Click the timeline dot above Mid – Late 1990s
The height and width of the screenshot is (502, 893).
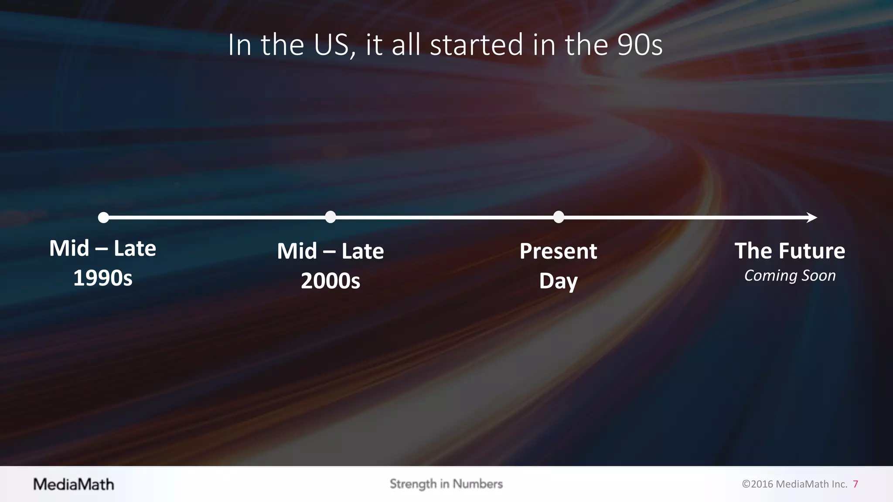(103, 217)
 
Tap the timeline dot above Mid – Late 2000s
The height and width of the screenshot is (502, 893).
(331, 217)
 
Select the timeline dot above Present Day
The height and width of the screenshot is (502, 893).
(559, 217)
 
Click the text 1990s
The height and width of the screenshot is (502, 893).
(103, 278)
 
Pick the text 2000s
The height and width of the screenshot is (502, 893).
(331, 281)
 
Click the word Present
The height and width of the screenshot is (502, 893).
(558, 251)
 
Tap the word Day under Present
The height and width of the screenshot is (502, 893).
(558, 282)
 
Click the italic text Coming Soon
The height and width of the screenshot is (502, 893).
(790, 276)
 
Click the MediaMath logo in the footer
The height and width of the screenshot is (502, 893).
(74, 484)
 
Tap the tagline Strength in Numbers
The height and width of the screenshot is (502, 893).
(446, 484)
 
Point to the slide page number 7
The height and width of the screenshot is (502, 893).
(856, 484)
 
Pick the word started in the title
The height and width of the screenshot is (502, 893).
(476, 45)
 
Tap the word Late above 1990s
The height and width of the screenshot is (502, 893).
(135, 248)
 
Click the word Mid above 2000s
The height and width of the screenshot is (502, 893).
(297, 251)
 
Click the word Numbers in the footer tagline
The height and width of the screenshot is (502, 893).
(477, 484)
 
